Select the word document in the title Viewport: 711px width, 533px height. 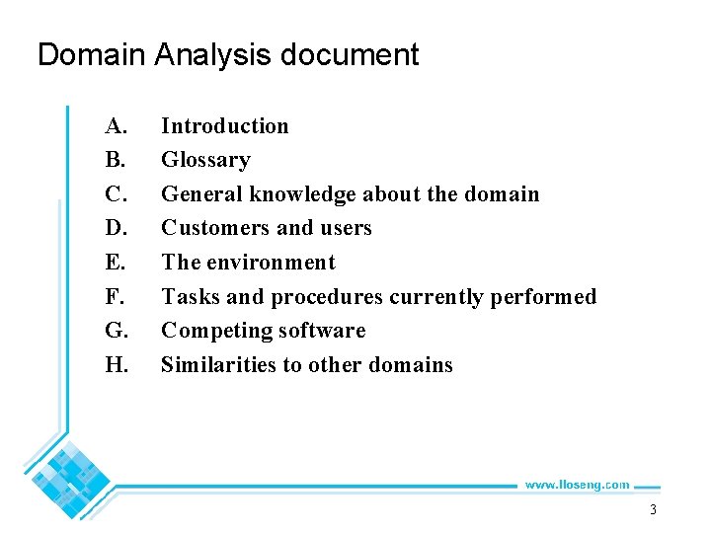tap(350, 54)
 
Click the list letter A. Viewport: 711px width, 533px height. tap(117, 126)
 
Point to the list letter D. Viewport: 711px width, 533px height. tap(117, 228)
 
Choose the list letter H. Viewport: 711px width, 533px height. tap(117, 365)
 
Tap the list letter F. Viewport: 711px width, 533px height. tap(116, 297)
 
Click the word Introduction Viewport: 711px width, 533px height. tap(225, 126)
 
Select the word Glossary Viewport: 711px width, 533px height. tap(205, 160)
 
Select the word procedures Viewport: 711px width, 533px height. tap(326, 297)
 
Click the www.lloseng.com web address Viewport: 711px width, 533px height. tap(577, 485)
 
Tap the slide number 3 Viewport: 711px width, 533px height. tap(653, 510)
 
